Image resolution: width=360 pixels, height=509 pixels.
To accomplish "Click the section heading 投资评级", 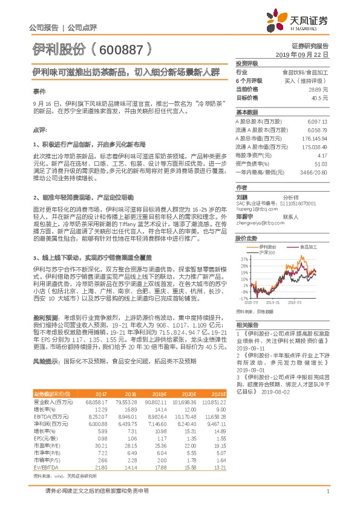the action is [x=247, y=63].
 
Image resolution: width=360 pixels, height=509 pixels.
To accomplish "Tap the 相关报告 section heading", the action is [x=247, y=325].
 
